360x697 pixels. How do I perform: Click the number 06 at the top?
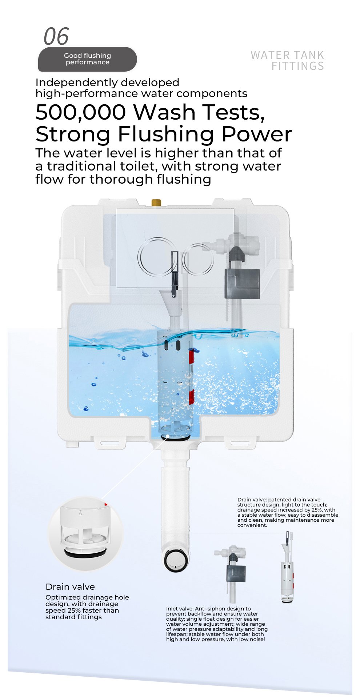coord(56,36)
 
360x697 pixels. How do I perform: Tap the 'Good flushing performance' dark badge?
coord(88,59)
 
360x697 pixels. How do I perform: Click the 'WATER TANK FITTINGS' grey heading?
coord(287,60)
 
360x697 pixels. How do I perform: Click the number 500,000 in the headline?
coord(81,112)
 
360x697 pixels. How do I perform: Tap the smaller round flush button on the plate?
coord(198,259)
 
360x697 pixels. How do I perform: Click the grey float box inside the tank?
coord(242,284)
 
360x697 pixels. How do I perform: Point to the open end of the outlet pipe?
coord(176,560)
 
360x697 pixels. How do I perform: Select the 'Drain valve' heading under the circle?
coord(70,586)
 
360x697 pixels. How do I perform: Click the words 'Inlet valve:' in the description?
coord(180,609)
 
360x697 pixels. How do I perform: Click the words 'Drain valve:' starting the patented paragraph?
coord(252,500)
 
